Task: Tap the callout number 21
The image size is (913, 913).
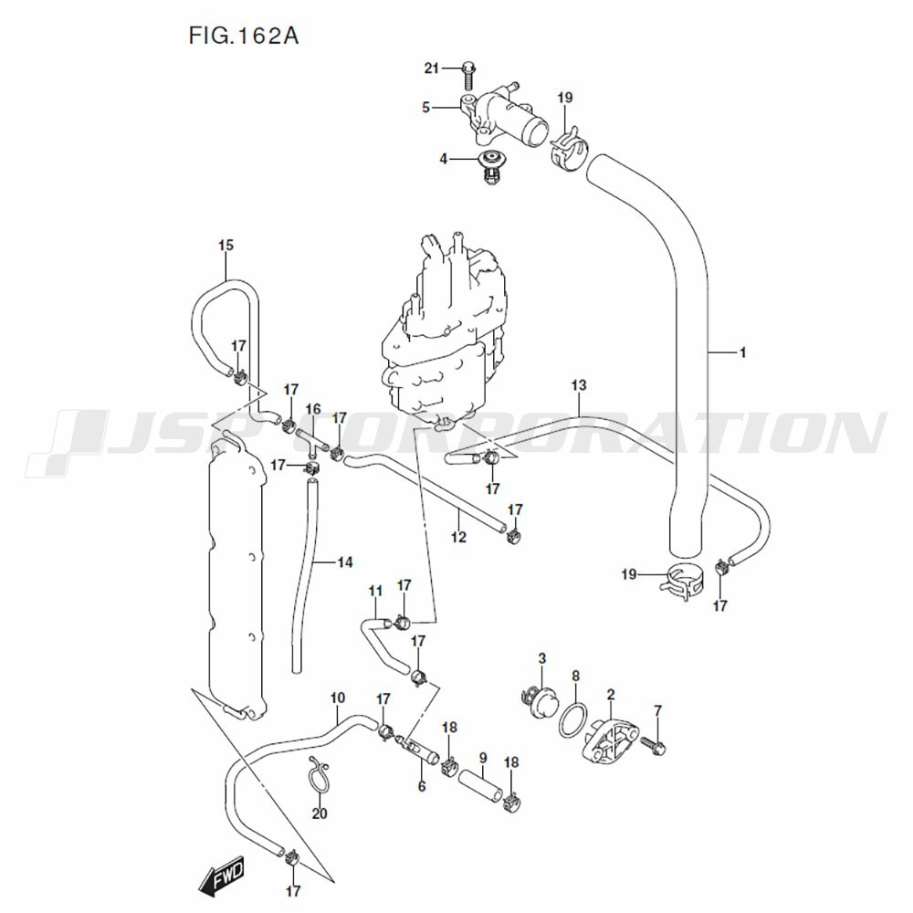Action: pos(432,68)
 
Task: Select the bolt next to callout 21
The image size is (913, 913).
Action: pos(468,68)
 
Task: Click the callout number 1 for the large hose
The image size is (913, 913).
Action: pos(742,352)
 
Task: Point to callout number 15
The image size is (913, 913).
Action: pos(226,245)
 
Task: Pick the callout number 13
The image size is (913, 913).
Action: pos(578,386)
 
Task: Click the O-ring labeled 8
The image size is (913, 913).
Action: pos(571,717)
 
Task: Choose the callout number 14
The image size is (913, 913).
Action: pos(343,562)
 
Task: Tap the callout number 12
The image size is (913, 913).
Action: pos(458,537)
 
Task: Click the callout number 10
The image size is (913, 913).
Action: pos(337,698)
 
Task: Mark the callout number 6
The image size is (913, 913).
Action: pos(421,785)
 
